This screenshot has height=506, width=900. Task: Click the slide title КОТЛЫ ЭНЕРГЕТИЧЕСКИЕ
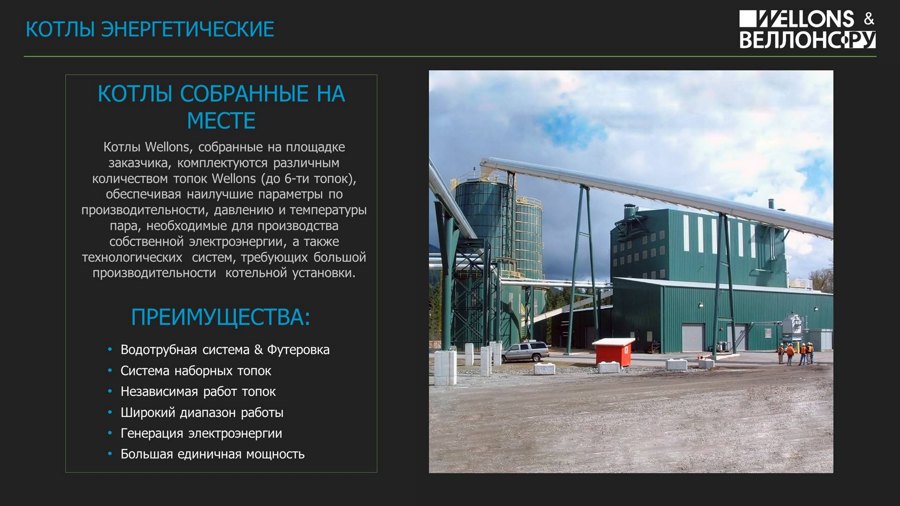point(150,29)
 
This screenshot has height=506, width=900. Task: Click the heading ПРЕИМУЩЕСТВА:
point(221,317)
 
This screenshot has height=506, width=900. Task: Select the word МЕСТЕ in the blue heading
point(221,121)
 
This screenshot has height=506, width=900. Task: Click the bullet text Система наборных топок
point(196,371)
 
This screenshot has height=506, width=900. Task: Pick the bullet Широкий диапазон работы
point(202,412)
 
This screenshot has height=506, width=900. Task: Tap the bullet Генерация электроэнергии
point(202,433)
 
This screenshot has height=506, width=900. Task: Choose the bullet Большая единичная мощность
point(213,454)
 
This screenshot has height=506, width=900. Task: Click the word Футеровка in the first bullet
point(298,350)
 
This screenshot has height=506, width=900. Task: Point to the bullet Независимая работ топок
point(198,392)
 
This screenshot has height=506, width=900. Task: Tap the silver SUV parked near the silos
point(525,351)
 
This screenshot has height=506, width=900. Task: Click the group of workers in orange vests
point(795,353)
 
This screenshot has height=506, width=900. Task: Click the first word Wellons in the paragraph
point(167,147)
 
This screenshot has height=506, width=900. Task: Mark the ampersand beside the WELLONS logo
point(869,19)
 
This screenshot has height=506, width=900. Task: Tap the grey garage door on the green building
point(693,338)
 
